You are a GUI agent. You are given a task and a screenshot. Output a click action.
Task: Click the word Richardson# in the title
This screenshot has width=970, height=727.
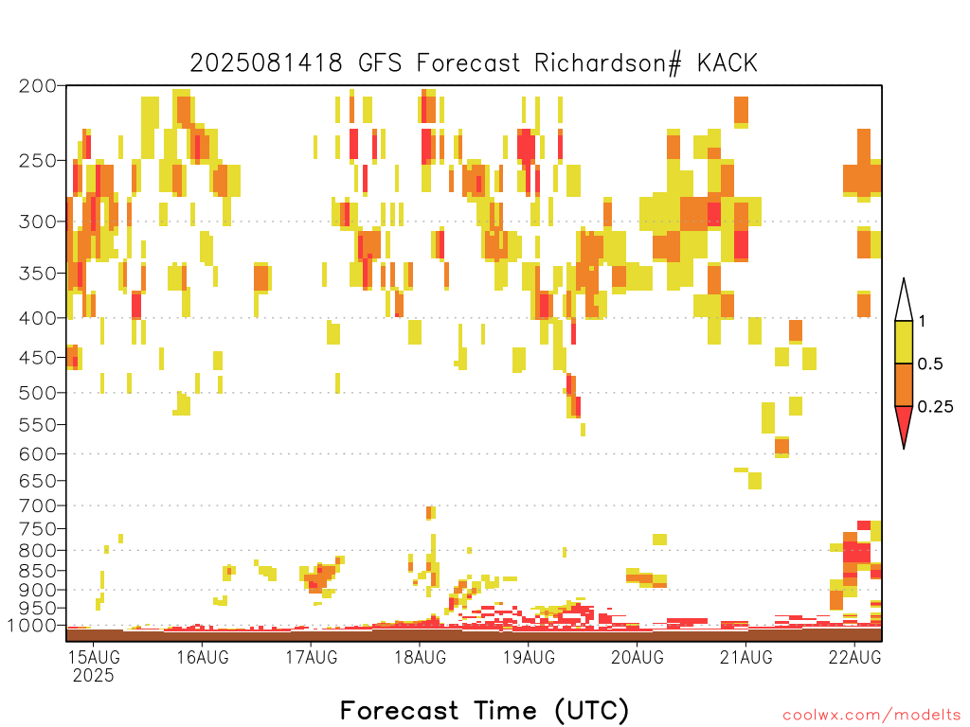608,63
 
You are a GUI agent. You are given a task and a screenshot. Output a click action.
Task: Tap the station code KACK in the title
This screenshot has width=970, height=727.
727,63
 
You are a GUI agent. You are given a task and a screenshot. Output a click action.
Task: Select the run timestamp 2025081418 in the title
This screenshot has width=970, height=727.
266,63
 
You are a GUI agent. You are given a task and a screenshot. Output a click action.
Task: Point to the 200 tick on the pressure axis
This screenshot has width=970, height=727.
38,86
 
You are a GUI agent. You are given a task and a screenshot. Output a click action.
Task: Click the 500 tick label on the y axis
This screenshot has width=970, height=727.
38,393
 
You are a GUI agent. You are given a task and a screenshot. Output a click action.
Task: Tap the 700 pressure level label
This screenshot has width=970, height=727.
38,505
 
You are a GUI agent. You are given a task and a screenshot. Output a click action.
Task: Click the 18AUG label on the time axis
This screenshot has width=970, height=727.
421,657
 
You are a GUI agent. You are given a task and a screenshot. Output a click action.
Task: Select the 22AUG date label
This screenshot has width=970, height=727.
855,657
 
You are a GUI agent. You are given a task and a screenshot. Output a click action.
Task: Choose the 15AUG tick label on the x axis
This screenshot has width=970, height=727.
94,657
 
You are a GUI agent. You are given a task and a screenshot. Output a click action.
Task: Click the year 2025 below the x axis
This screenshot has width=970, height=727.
94,676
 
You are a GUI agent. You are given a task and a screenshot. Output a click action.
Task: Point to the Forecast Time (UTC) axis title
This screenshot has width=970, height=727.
484,711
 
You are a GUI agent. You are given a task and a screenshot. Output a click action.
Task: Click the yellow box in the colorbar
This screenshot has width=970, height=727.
904,342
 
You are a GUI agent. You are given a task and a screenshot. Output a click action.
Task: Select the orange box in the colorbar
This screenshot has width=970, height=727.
904,384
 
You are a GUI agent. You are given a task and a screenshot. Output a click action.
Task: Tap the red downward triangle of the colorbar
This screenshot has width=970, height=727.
904,423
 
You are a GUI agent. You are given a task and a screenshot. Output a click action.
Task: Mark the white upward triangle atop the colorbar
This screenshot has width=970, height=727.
904,303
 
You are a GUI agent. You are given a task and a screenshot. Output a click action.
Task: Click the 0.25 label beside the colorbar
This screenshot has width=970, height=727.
935,407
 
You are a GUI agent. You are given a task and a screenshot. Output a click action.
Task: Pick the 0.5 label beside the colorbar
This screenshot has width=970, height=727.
930,364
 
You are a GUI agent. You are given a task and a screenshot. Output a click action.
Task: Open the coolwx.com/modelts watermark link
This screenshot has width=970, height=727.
871,716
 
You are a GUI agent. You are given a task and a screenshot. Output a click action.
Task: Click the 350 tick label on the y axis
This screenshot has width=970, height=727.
38,274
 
